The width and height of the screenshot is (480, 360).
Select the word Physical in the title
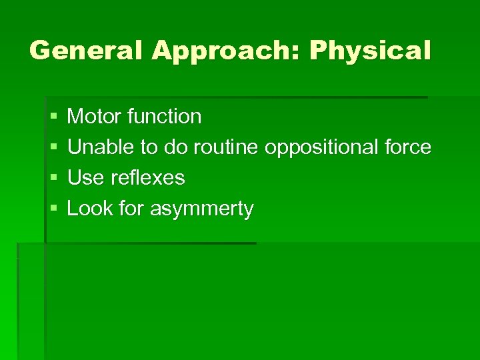[x=369, y=51]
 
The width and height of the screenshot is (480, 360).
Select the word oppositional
[x=321, y=148]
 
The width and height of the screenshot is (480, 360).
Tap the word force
[x=407, y=147]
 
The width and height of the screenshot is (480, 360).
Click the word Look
[x=89, y=209]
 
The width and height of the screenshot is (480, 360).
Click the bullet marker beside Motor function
[x=53, y=117]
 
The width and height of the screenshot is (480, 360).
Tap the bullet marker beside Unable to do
[x=53, y=148]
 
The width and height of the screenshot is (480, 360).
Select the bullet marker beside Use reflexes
[x=53, y=179]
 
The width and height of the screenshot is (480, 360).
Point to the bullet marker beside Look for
[x=53, y=209]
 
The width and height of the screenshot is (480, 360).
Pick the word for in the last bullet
[x=131, y=209]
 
